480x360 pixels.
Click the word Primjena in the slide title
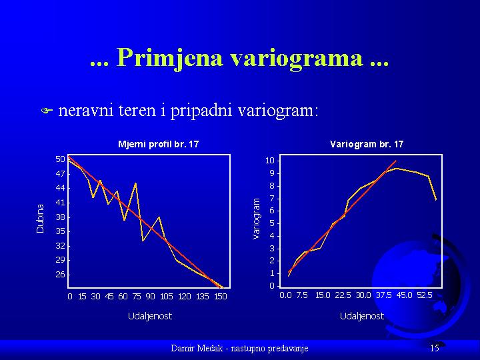coord(169,58)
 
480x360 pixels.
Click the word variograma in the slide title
coord(297,58)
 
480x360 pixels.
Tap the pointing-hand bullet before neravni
coord(47,110)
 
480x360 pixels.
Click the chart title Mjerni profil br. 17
coord(158,144)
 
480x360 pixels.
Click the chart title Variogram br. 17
coord(367,144)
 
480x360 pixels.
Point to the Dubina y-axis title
coord(40,219)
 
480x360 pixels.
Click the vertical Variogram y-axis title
coord(256,218)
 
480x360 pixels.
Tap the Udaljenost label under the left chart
coord(150,315)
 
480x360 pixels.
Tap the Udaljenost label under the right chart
coord(362,315)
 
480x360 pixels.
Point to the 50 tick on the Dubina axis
coord(60,159)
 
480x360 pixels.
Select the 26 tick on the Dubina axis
coord(60,274)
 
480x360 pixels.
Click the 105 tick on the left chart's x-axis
coord(167,296)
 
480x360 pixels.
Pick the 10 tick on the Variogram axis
coord(272,161)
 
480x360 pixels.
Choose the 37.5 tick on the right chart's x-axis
coord(384,295)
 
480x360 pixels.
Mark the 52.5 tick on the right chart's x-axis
coord(425,295)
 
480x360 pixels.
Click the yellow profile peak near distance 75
coord(135,183)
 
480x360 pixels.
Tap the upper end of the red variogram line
coord(396,161)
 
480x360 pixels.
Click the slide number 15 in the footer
coord(435,348)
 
